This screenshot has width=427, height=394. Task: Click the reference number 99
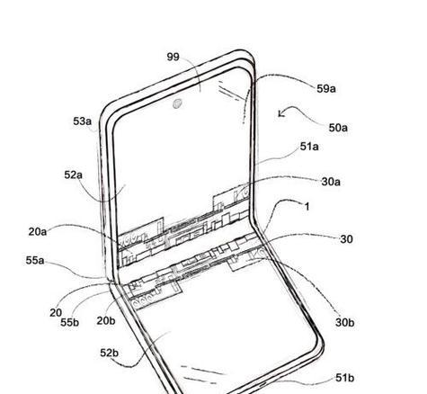click(x=173, y=57)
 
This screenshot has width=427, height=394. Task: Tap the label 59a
click(x=326, y=89)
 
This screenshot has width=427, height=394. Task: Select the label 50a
click(x=338, y=128)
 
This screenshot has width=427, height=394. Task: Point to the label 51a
click(x=309, y=147)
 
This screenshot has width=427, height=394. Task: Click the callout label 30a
click(x=331, y=182)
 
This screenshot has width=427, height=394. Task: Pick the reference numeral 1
click(x=307, y=206)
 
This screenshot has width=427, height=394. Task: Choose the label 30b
click(x=345, y=323)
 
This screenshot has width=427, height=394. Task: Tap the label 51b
click(x=345, y=378)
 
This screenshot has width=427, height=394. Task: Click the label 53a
click(x=83, y=121)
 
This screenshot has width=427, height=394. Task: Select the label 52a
click(x=74, y=175)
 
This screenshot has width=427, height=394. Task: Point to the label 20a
click(x=38, y=231)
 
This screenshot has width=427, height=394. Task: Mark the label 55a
click(x=35, y=260)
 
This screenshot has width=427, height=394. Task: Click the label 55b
click(x=70, y=322)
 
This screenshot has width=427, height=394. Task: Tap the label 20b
click(x=106, y=321)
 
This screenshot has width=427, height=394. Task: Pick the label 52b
click(x=110, y=353)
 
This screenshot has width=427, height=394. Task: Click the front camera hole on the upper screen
click(x=177, y=103)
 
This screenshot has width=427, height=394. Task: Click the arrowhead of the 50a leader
click(x=280, y=114)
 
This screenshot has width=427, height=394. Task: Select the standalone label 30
click(x=346, y=239)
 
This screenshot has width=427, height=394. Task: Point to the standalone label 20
click(x=56, y=313)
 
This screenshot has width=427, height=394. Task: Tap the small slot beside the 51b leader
click(x=263, y=384)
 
